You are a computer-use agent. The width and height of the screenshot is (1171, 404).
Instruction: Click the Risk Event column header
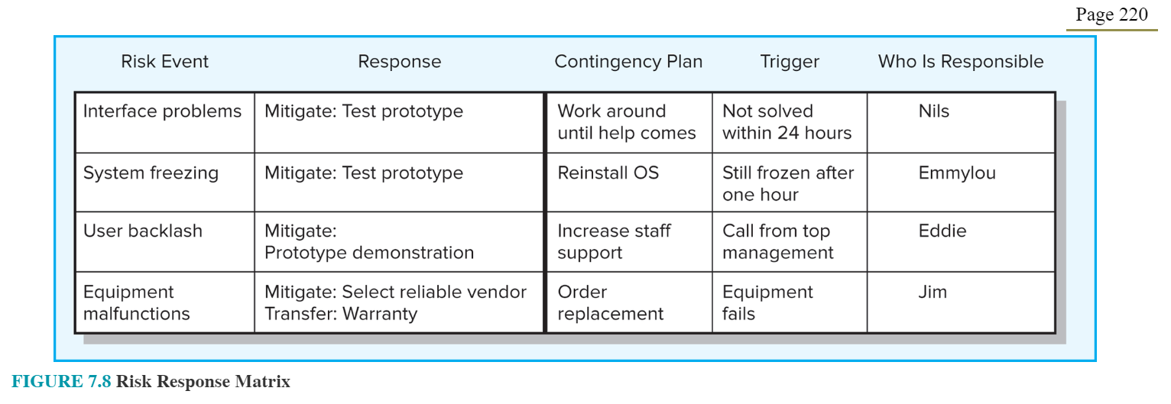164,62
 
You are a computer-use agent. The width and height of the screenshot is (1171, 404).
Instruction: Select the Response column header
400,62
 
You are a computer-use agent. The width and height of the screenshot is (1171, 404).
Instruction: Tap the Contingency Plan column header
628,62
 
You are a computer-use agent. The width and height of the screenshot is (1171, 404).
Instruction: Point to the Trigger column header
790,62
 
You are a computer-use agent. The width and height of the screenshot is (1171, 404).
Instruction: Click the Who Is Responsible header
961,62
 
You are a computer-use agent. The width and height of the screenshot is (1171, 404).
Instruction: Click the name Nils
933,112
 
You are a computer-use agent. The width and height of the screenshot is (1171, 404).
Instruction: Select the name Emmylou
957,173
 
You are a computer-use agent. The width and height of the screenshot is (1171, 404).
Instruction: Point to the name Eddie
942,231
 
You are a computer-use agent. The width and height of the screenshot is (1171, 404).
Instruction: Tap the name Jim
933,292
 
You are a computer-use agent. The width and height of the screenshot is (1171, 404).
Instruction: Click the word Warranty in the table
380,314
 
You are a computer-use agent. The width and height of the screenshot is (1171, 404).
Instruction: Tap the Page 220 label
1111,15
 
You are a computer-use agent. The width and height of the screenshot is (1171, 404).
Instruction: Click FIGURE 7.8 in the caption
61,382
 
